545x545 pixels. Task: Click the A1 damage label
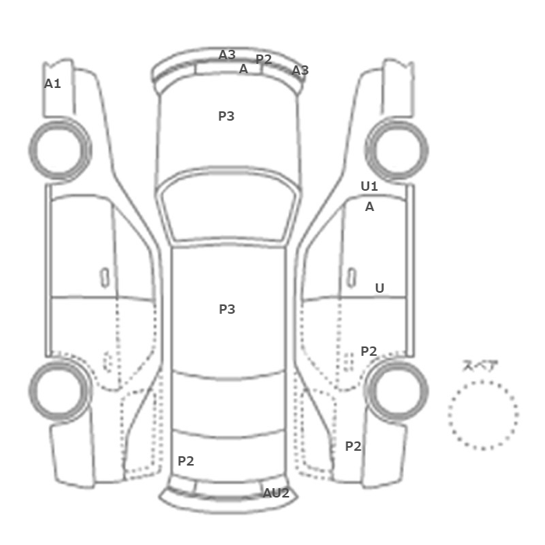[x=52, y=83]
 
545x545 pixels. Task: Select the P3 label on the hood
[x=227, y=116]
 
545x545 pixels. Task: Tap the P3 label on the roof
[x=227, y=309]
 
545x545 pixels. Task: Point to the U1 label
[x=369, y=186]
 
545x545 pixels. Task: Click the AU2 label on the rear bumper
[x=276, y=493]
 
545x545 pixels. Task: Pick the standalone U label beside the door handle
[x=380, y=288]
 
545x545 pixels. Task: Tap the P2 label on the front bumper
[x=263, y=59]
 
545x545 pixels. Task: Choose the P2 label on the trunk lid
[x=185, y=461]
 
